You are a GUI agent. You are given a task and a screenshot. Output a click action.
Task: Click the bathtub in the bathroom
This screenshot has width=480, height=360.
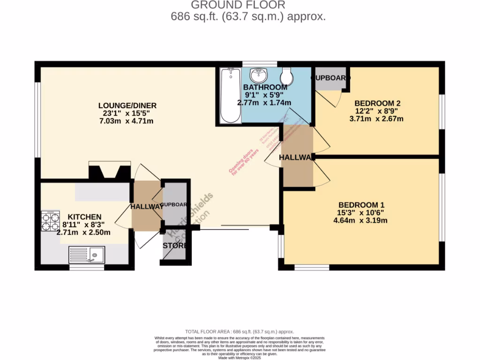click(230, 96)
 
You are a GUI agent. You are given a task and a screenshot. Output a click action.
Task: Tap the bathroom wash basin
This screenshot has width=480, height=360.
click(257, 75)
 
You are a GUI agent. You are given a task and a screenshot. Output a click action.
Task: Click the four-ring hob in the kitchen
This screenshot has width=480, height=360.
click(51, 221)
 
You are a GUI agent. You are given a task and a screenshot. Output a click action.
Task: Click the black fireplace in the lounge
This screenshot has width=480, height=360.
click(110, 171)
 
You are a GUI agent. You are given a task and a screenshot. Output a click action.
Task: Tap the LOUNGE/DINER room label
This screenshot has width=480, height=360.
click(127, 105)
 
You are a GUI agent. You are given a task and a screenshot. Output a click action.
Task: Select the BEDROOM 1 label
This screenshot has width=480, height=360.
click(361, 205)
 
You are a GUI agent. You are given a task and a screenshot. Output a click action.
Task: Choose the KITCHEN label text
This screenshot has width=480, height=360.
click(85, 217)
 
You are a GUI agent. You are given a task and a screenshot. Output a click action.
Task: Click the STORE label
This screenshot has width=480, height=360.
click(174, 246)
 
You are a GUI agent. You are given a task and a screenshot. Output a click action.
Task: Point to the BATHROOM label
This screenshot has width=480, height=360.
click(265, 87)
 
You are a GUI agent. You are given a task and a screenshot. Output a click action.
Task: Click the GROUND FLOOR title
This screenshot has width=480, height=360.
click(238, 5)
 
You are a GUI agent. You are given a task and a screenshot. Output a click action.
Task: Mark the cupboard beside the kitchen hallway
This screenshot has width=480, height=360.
click(175, 204)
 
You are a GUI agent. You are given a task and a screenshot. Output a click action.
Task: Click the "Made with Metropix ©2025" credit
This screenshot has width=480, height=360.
click(240, 358)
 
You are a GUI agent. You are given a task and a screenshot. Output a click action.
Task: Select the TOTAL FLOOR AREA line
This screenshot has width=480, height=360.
click(240, 331)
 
